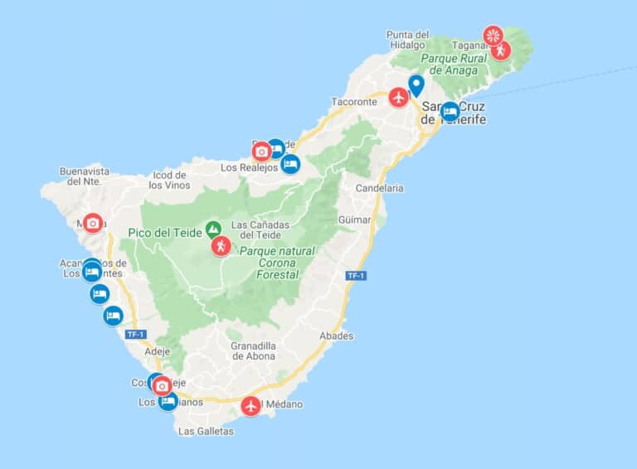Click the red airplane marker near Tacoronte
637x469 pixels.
tap(399, 98)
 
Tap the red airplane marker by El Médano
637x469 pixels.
tap(250, 407)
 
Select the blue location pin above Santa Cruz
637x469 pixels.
tap(416, 85)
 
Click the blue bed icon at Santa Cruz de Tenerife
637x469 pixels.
tap(450, 111)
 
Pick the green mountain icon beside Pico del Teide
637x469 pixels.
tap(213, 228)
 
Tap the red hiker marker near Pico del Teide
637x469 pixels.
tap(221, 246)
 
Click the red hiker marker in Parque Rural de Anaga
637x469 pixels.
tap(500, 51)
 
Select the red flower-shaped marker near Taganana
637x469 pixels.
tap(494, 35)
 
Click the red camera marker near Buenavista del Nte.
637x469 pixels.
tap(93, 223)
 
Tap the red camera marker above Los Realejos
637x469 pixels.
tap(262, 151)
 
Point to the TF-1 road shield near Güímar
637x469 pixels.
tap(356, 275)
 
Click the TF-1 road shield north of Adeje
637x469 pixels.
tap(134, 335)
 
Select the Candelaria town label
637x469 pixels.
tap(379, 188)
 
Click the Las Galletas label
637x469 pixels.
tap(206, 431)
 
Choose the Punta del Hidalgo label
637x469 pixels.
tap(406, 40)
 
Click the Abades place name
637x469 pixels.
tap(336, 336)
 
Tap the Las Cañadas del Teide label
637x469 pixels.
tap(261, 230)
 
